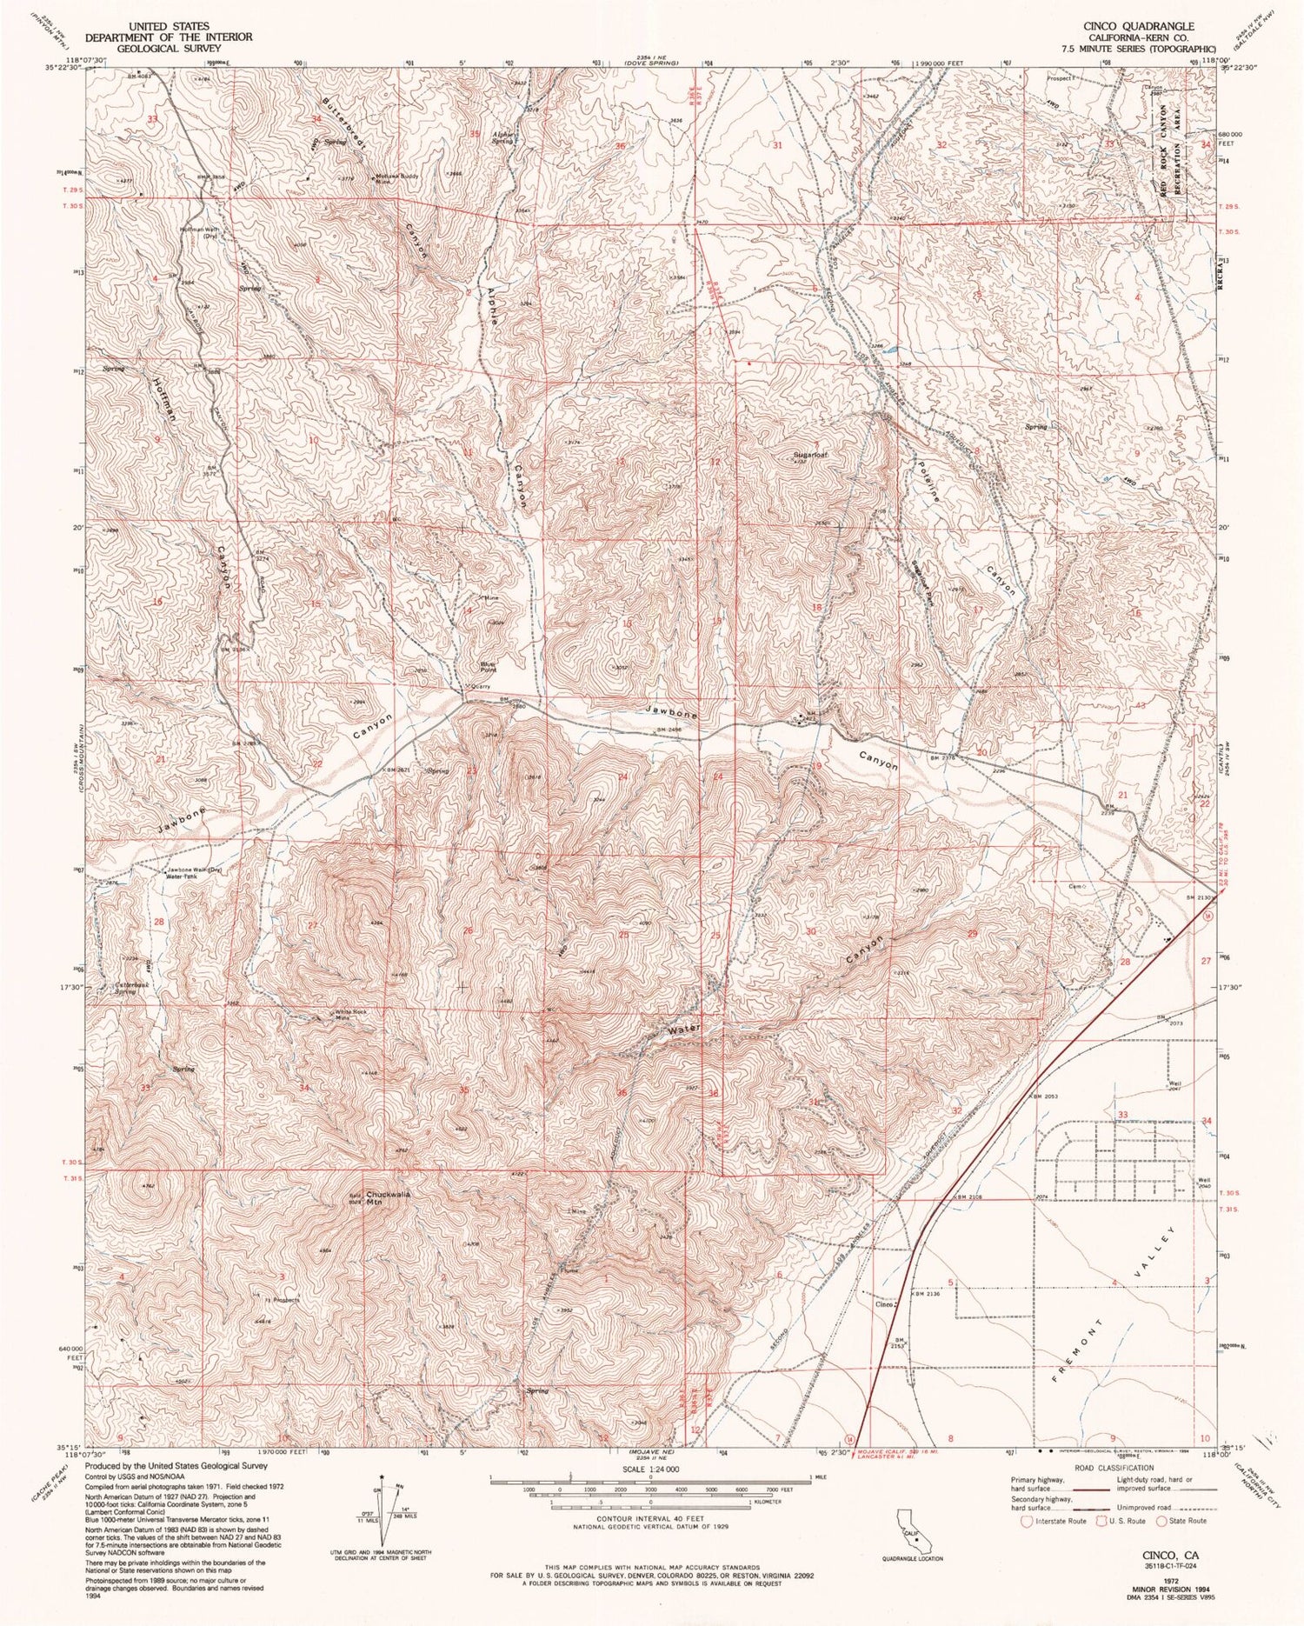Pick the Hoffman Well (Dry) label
[198, 232]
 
